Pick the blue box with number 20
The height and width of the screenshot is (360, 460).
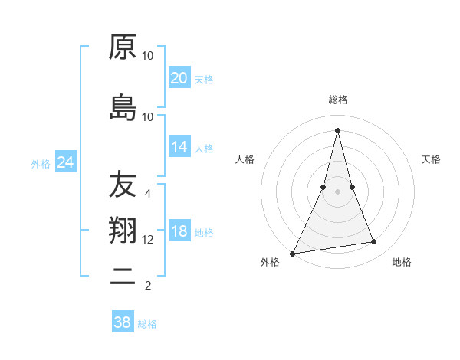tap(179, 78)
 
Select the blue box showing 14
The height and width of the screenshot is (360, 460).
tap(179, 147)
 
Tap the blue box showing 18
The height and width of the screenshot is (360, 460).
tap(179, 232)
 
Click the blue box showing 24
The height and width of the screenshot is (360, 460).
tap(66, 162)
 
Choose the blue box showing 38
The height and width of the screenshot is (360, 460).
tap(123, 322)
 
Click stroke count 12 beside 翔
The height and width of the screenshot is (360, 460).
tap(148, 240)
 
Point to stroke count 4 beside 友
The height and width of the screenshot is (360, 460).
tap(148, 194)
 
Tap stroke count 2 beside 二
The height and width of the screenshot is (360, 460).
tap(148, 286)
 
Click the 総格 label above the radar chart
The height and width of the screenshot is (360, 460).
tap(337, 100)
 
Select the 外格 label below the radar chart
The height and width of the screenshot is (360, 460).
tap(270, 263)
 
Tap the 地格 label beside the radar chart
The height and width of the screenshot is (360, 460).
tap(402, 263)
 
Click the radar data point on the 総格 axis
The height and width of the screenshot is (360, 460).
tap(337, 130)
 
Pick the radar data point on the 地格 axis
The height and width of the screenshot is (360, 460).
tap(374, 242)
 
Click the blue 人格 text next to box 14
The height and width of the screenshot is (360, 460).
tap(204, 148)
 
